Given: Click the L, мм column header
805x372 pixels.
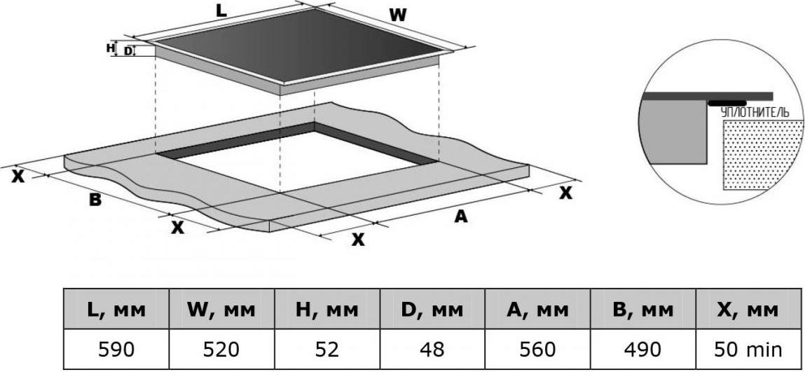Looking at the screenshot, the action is click(116, 309).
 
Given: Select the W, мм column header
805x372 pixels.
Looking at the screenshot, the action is click(222, 309).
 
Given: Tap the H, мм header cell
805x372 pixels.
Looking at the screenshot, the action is click(327, 309).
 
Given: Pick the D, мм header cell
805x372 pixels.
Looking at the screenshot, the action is click(432, 309).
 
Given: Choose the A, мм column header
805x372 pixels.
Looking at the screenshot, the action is click(537, 309).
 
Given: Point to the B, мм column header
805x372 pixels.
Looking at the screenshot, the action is click(642, 309).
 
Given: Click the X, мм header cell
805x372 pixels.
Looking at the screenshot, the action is click(748, 309).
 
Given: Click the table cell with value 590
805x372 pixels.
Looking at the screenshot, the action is click(116, 349).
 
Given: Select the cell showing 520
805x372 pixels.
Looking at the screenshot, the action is click(222, 349).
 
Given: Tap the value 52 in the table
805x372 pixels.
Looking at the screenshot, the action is click(327, 349).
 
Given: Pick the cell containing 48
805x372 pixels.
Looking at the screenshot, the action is click(432, 349).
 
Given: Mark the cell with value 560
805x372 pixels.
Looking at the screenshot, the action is click(537, 349).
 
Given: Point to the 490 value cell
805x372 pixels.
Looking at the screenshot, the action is click(642, 349).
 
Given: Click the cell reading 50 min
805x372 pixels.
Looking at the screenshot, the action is click(748, 349).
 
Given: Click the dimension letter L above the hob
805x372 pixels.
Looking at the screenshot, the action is click(221, 11).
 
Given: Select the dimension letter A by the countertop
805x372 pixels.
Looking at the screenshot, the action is click(461, 217).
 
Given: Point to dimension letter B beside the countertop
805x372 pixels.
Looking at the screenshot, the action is click(95, 200).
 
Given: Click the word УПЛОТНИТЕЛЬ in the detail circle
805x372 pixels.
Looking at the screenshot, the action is click(754, 113).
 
